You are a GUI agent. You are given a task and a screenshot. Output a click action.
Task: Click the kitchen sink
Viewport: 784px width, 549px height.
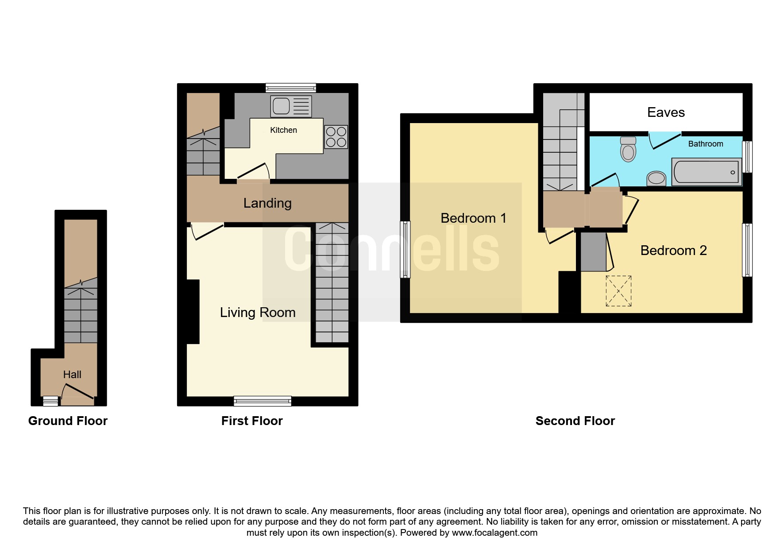coord(291,106)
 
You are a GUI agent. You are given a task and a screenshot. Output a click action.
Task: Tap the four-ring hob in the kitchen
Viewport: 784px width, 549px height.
coord(336,137)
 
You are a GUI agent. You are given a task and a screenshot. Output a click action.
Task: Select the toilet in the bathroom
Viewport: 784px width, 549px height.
coord(628,149)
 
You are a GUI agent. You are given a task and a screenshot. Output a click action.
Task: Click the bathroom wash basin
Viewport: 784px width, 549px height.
coord(656,178)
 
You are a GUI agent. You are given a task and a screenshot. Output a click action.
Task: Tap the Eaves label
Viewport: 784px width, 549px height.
coord(666,112)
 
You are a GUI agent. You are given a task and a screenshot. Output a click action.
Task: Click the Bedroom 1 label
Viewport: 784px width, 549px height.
coord(473,218)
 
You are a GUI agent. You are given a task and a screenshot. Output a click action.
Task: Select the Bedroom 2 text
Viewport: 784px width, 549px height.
coord(673,251)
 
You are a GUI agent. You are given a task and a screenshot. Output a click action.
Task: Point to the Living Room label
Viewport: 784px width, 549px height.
coord(258,313)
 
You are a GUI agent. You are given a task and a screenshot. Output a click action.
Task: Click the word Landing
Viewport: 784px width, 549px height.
coord(267,203)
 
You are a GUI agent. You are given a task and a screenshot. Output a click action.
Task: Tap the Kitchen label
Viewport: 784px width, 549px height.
coord(283,130)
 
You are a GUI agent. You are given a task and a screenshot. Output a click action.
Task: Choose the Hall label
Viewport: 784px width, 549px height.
coord(72,375)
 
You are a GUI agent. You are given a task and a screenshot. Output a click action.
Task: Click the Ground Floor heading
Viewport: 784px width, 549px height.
coord(68,421)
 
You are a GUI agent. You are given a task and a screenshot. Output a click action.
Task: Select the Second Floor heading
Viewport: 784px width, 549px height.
coord(575,421)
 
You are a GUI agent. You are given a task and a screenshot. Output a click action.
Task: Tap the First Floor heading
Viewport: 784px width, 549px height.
coord(252,421)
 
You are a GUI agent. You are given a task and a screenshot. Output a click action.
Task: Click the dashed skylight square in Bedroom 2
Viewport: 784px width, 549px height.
coord(618,291)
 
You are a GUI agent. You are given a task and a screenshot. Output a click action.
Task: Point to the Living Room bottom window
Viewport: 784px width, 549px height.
coord(263,401)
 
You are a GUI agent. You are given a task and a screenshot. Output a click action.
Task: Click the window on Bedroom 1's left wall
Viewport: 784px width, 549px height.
coord(405,250)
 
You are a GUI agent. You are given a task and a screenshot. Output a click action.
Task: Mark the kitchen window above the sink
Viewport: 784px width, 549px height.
coord(291,88)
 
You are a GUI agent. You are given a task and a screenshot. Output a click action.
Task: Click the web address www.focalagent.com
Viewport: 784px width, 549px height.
coord(494,533)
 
